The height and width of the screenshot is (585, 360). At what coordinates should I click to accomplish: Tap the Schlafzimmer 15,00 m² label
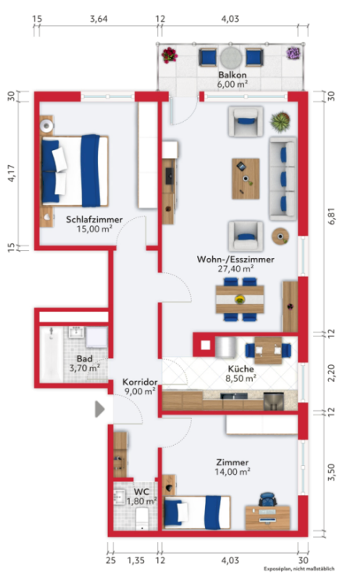click(x=94, y=224)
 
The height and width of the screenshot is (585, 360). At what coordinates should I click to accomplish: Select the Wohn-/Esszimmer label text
click(x=236, y=260)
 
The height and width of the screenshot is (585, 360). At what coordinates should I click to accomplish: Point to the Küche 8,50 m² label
click(x=241, y=374)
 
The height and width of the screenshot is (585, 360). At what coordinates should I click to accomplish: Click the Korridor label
click(x=139, y=382)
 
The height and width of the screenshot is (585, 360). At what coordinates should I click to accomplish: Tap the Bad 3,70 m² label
click(x=85, y=364)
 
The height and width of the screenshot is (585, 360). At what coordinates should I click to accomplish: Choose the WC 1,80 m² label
click(x=142, y=497)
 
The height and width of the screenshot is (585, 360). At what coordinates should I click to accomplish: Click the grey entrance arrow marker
click(x=99, y=409)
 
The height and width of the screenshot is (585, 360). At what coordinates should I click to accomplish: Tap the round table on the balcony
click(x=232, y=57)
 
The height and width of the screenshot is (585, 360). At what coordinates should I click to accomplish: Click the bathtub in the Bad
click(x=51, y=354)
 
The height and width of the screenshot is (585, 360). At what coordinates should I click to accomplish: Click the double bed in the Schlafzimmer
click(x=75, y=170)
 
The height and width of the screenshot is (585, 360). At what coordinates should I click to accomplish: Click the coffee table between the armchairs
click(x=246, y=179)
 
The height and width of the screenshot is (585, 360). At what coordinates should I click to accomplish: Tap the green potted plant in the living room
click(x=281, y=122)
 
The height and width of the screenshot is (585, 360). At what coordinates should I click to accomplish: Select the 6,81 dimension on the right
click(x=332, y=216)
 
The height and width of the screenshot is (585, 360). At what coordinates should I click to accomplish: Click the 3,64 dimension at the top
click(x=99, y=19)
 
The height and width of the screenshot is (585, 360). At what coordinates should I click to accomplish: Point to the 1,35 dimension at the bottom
click(x=135, y=560)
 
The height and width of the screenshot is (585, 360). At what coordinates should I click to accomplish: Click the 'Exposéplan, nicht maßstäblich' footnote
click(x=299, y=569)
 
